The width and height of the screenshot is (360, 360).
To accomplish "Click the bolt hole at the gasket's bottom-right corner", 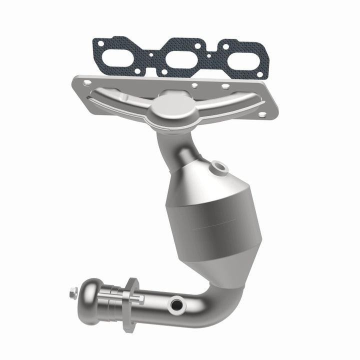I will pyautogui.click(x=259, y=74).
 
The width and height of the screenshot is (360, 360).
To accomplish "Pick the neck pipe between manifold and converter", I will pyautogui.click(x=172, y=145).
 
